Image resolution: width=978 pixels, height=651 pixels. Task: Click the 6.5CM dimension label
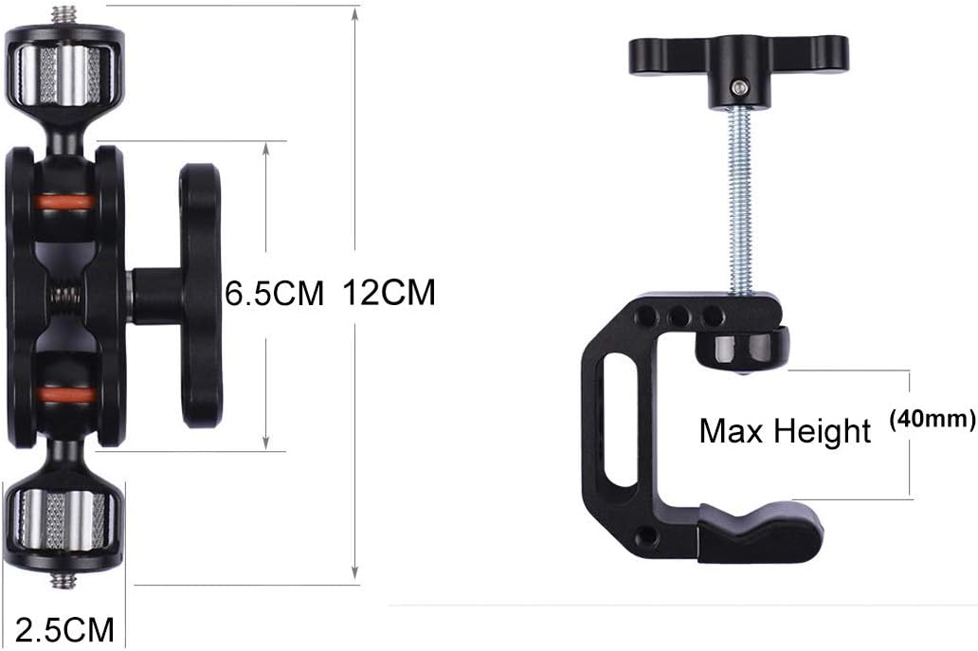coord(274,294)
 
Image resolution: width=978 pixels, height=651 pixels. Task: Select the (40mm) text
coord(933,417)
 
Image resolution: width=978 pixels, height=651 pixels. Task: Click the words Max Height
coord(785,432)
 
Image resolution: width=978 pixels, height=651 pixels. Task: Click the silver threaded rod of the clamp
coord(740,208)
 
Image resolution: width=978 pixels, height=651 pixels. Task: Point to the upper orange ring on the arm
coord(65,202)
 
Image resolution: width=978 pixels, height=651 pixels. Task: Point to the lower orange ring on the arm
coord(65,392)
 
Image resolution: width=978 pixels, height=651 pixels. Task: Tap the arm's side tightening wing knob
coord(199,295)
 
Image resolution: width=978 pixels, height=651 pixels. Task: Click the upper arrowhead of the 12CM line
coord(355,13)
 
